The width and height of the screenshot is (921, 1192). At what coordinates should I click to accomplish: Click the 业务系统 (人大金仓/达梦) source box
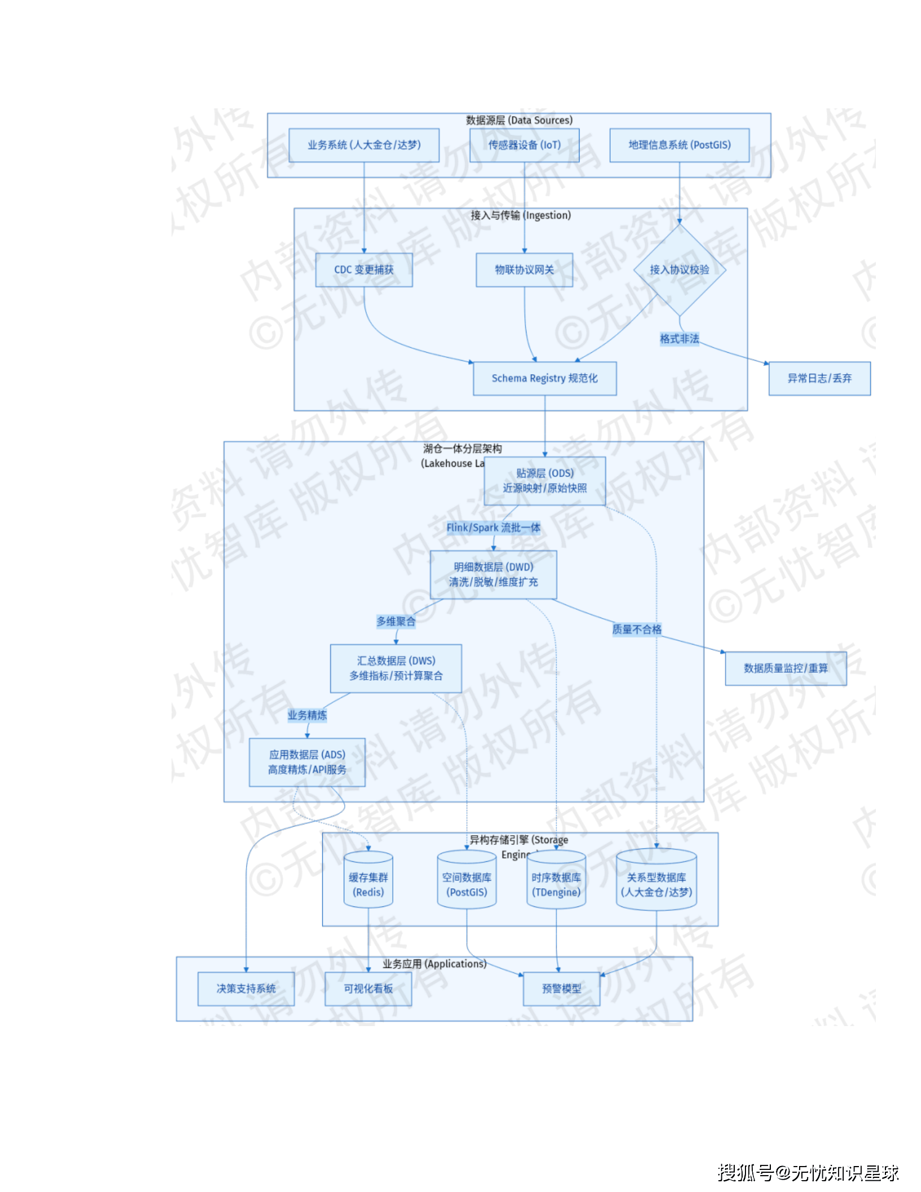click(x=364, y=145)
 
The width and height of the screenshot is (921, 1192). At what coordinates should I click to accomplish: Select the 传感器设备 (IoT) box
click(x=524, y=145)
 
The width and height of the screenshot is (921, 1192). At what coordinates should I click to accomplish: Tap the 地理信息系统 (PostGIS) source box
click(x=679, y=145)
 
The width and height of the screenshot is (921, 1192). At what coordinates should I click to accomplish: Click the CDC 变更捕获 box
click(x=364, y=270)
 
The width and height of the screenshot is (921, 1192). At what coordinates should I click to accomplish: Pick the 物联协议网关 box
click(x=524, y=270)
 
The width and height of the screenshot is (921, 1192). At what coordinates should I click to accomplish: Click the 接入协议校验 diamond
click(x=679, y=270)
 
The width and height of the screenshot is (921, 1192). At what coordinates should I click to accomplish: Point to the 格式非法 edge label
click(x=679, y=339)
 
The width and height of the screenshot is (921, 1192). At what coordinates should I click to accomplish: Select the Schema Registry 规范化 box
click(x=545, y=378)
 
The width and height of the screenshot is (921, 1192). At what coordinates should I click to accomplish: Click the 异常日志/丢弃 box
click(x=819, y=378)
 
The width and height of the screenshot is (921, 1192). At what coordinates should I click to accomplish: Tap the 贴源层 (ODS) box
click(x=545, y=481)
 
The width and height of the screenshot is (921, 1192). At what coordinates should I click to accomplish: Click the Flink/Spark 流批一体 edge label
click(x=493, y=528)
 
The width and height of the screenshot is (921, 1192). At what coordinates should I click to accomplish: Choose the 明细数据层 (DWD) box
click(x=493, y=575)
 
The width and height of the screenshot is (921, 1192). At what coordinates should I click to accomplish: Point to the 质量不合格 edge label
click(x=637, y=629)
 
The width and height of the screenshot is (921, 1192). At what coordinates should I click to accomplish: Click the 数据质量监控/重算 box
click(x=786, y=668)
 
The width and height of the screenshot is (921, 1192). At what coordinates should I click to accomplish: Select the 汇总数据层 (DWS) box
click(x=396, y=668)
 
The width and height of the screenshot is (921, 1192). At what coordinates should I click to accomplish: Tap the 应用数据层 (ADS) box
click(x=307, y=762)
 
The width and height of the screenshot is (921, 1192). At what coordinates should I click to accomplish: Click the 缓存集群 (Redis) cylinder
click(x=369, y=884)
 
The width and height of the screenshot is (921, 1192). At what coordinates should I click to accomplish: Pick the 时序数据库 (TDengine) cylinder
click(x=556, y=884)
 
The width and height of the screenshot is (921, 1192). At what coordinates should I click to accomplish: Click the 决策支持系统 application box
click(x=246, y=989)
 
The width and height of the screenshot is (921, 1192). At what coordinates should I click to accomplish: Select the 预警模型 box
click(x=562, y=989)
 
